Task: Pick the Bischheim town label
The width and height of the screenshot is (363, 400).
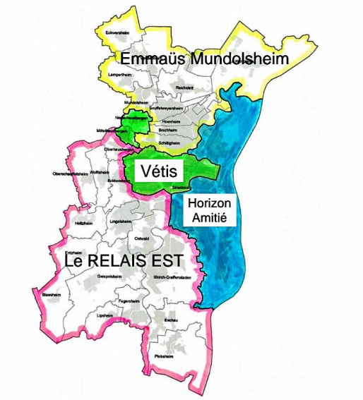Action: coord(167,131)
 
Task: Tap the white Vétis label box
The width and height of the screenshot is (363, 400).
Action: coord(158,170)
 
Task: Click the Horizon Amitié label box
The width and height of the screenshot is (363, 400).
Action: coord(210,210)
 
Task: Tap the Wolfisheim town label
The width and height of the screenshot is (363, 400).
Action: coord(100,171)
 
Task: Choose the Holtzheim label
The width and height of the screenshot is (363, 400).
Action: coord(83,222)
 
